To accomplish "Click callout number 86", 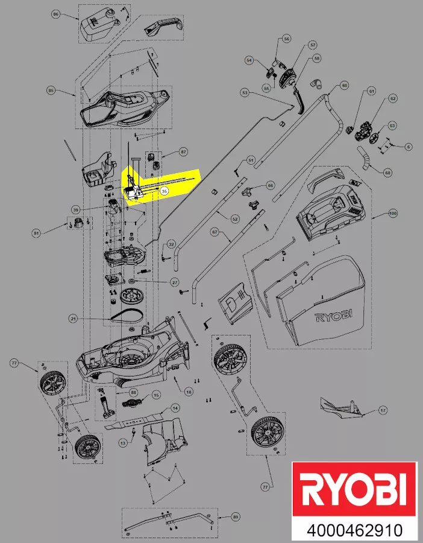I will (56, 13).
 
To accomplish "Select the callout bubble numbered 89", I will (235, 517).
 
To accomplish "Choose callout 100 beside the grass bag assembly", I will (393, 214).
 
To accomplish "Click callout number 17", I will (383, 411).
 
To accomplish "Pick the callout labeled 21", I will (73, 318).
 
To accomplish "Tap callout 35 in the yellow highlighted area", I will (164, 189).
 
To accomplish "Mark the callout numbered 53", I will (245, 93).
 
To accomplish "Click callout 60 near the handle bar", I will (344, 85).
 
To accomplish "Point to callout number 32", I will (171, 244).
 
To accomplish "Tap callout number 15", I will (155, 395).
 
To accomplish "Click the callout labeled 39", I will (76, 209).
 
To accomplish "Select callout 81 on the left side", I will (53, 233).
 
